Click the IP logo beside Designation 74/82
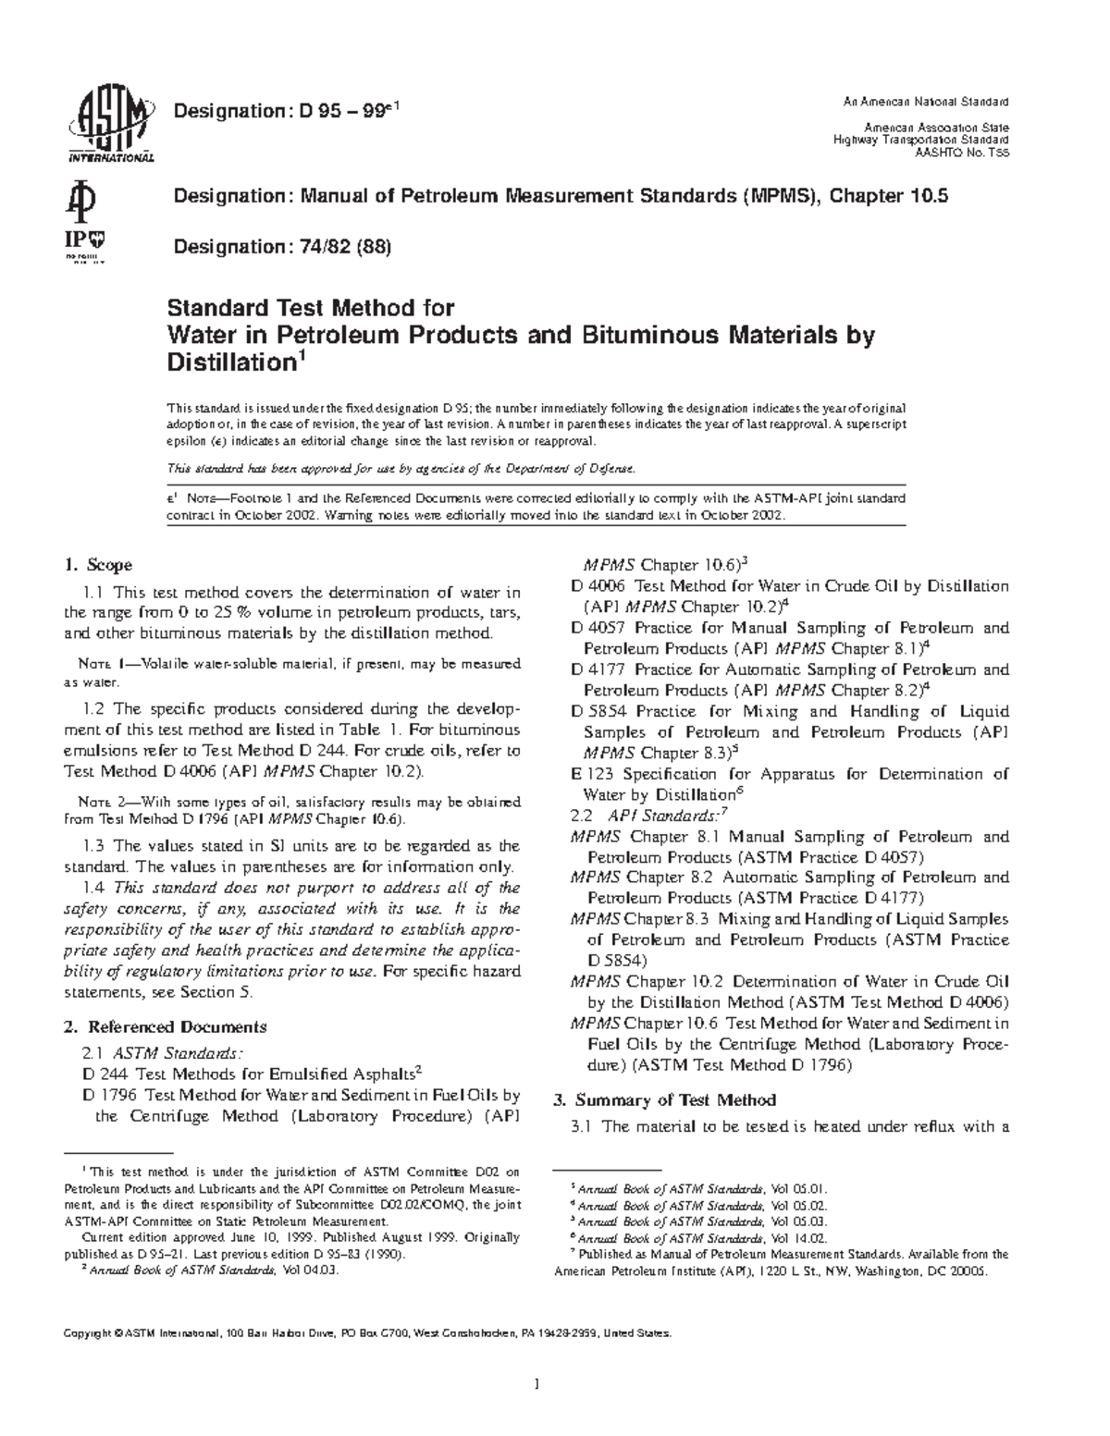[84, 244]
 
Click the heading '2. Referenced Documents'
[166, 1026]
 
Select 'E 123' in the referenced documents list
[593, 774]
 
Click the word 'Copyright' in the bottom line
[86, 1334]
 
